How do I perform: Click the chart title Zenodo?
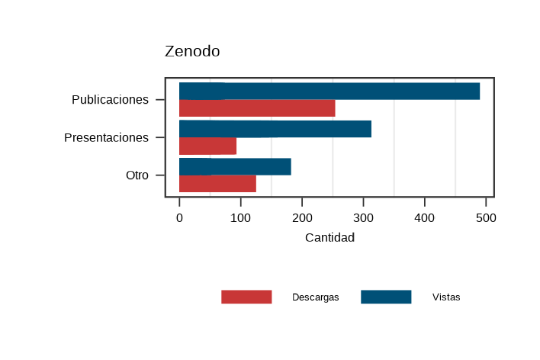(x=192, y=52)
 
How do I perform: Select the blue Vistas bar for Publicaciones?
(x=329, y=91)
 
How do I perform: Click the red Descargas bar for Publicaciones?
(x=257, y=108)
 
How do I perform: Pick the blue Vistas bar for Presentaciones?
(x=275, y=129)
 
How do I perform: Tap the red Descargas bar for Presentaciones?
(x=207, y=146)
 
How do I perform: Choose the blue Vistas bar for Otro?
(x=235, y=166)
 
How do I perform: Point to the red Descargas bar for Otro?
(x=217, y=184)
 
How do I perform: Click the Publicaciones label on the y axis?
(x=110, y=100)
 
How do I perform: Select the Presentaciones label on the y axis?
(x=106, y=138)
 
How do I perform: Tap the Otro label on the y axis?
(x=137, y=175)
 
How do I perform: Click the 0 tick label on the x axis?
(x=179, y=217)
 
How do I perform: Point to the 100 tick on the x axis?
(x=240, y=217)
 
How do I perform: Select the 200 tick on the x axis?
(x=302, y=217)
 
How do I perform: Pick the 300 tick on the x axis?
(x=363, y=217)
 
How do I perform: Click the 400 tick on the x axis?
(x=425, y=217)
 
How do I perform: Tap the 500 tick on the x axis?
(x=486, y=217)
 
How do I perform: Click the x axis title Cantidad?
(x=329, y=238)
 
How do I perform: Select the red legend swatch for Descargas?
(x=246, y=297)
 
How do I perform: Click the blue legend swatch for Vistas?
(x=386, y=297)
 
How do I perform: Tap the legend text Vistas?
(x=446, y=297)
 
